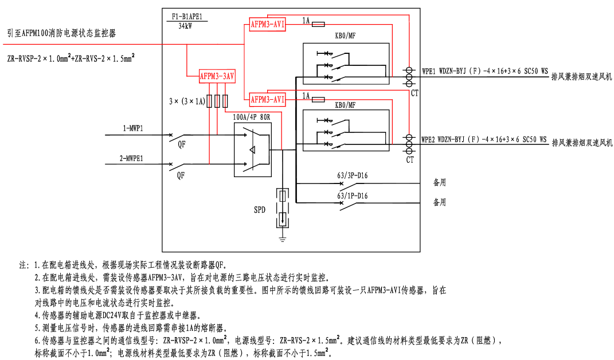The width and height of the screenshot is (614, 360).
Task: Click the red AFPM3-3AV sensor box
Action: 217,76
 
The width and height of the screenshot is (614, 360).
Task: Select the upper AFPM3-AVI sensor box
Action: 268,24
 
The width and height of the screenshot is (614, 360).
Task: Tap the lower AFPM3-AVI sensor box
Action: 268,99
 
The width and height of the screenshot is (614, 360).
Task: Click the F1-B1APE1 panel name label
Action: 185,17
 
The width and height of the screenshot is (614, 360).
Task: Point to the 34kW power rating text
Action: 185,26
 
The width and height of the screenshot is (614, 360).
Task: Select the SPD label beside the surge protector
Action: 260,210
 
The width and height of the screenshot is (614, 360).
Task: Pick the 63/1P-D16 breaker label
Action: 352,196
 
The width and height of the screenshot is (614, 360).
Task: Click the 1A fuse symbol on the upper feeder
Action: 318,24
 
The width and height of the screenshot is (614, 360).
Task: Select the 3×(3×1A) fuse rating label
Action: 187,101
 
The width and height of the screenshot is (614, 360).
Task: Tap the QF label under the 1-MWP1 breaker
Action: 181,145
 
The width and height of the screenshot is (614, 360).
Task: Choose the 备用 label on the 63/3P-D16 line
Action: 439,183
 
